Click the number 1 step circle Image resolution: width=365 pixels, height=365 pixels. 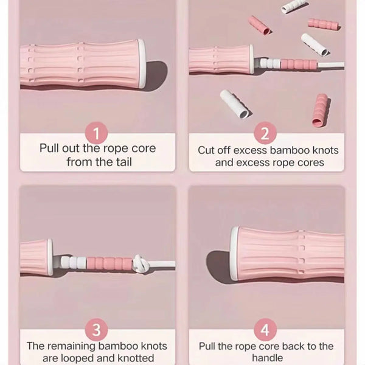coord(96,133)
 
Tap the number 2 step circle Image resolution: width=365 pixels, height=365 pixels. coord(265,133)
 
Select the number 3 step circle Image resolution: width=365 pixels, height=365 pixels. coord(96,330)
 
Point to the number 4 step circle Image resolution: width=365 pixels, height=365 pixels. coord(265,330)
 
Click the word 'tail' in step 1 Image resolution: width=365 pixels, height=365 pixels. coord(122,162)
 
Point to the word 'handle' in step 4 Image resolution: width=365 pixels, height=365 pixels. coord(268,358)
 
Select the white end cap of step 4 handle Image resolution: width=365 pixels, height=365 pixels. coord(235,253)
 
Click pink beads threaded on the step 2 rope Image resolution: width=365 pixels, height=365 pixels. coord(299,64)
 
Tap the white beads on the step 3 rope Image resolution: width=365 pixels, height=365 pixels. coord(74,262)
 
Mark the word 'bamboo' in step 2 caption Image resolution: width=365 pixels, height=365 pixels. coord(290,150)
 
